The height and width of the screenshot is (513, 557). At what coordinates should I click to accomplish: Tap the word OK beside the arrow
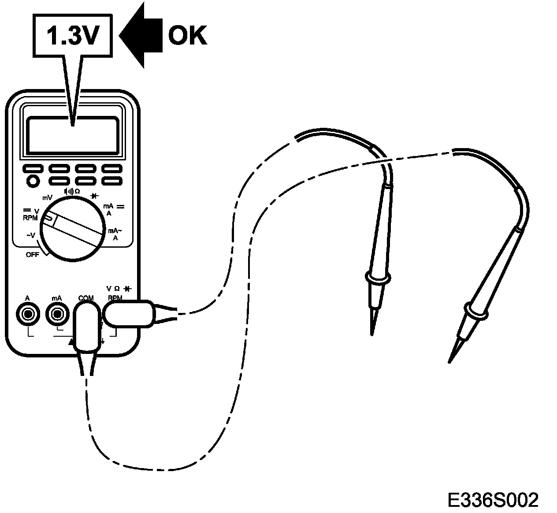coord(187,35)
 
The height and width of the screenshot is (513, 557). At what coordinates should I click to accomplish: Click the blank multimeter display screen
coord(72,135)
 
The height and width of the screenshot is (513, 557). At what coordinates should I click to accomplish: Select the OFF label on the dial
coord(32,255)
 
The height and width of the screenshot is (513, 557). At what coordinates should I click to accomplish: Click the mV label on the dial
coord(47,198)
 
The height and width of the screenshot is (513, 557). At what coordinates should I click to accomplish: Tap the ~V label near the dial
coord(30,236)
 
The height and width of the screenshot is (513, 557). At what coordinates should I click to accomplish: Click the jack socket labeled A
coord(28,314)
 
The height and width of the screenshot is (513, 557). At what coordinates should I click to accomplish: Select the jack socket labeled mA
coord(56,314)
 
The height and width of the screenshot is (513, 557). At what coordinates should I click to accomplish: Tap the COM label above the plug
coord(86,298)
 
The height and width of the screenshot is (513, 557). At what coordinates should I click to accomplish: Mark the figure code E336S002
coord(493,500)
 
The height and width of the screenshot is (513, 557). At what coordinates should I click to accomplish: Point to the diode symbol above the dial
coord(94,196)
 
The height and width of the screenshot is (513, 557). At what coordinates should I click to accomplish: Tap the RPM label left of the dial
coord(30,217)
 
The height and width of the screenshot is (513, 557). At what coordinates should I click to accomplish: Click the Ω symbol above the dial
coord(77,191)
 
